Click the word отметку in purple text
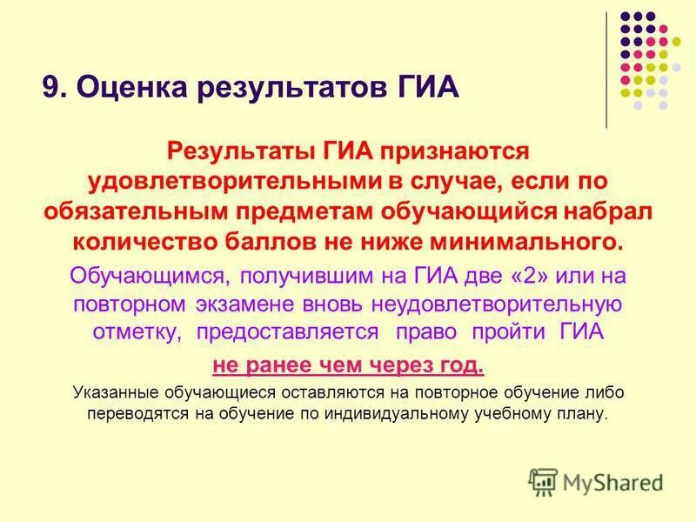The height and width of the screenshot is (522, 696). point(137,332)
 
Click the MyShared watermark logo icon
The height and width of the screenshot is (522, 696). point(543,480)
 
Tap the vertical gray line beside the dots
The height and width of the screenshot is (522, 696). point(606,70)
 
